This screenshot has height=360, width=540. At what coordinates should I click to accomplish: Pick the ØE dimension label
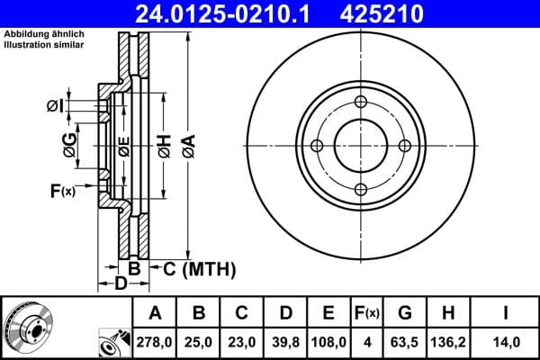[x=124, y=147]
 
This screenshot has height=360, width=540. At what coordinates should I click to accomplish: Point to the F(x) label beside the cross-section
[x=63, y=190]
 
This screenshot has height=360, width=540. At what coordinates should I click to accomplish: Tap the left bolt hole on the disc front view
[x=317, y=146]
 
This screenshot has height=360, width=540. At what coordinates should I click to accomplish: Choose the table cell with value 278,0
[x=156, y=343]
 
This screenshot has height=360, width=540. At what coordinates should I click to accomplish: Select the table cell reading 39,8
[x=285, y=343]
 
